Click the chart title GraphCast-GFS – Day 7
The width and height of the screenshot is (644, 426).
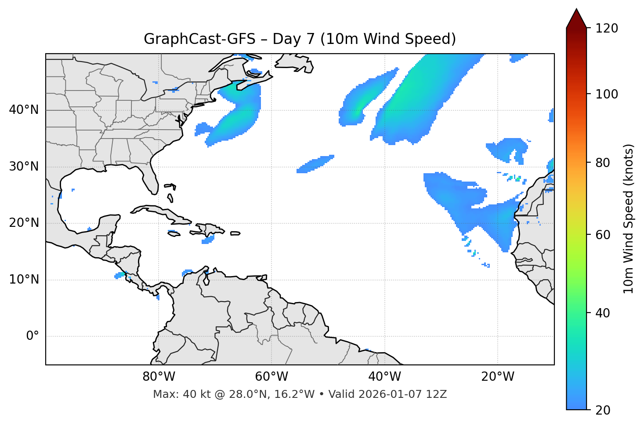(300, 39)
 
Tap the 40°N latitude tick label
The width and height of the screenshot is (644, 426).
(24, 110)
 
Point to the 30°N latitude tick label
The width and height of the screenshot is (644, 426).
(24, 167)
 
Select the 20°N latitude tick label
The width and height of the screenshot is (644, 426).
(24, 223)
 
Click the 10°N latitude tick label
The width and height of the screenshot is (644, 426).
(24, 280)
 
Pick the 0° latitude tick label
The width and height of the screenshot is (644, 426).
(33, 336)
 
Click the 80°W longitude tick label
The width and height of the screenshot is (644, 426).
(159, 377)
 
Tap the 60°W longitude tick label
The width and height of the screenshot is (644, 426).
(271, 377)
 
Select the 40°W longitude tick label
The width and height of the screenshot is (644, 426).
(384, 377)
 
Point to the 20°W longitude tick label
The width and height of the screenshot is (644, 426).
(497, 377)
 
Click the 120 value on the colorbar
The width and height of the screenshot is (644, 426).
(607, 29)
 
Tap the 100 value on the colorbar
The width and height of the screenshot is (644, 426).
(607, 94)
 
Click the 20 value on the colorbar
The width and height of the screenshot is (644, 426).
(603, 410)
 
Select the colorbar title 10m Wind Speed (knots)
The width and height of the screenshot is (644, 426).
(629, 218)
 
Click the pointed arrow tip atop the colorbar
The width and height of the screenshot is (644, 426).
(576, 10)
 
